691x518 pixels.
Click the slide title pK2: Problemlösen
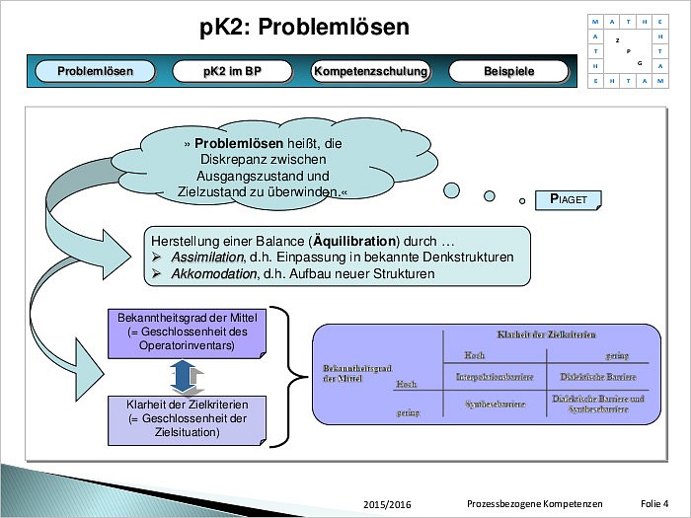[303, 27]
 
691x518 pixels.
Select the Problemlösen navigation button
[95, 71]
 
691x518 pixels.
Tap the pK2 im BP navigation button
[232, 71]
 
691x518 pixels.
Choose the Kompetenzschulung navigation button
[370, 71]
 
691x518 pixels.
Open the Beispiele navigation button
[508, 71]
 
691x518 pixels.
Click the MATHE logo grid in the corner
[627, 52]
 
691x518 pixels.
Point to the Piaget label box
[568, 199]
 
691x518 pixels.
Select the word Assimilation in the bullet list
[206, 258]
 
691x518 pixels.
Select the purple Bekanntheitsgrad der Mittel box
[187, 333]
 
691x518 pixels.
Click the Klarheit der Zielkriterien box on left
[187, 418]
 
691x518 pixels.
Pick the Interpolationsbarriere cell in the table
[495, 377]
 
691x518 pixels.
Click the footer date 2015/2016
[387, 504]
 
